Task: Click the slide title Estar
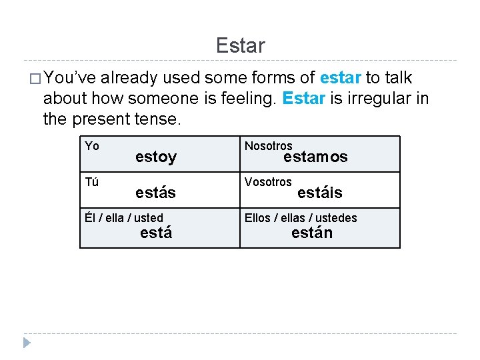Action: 240,45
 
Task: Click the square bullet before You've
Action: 31,79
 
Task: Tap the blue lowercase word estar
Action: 340,78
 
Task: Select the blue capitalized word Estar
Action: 303,99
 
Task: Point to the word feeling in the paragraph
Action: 244,99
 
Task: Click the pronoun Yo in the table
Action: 92,146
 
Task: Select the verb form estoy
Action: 156,157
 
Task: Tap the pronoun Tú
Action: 92,182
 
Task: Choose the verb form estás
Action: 155,193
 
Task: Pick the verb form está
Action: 156,233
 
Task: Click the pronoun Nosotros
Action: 268,146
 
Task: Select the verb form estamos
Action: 315,157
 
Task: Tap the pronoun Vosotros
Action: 268,182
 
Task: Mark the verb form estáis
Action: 319,193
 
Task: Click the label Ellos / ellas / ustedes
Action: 301,218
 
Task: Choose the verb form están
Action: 311,233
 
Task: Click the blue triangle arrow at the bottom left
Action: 26,343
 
